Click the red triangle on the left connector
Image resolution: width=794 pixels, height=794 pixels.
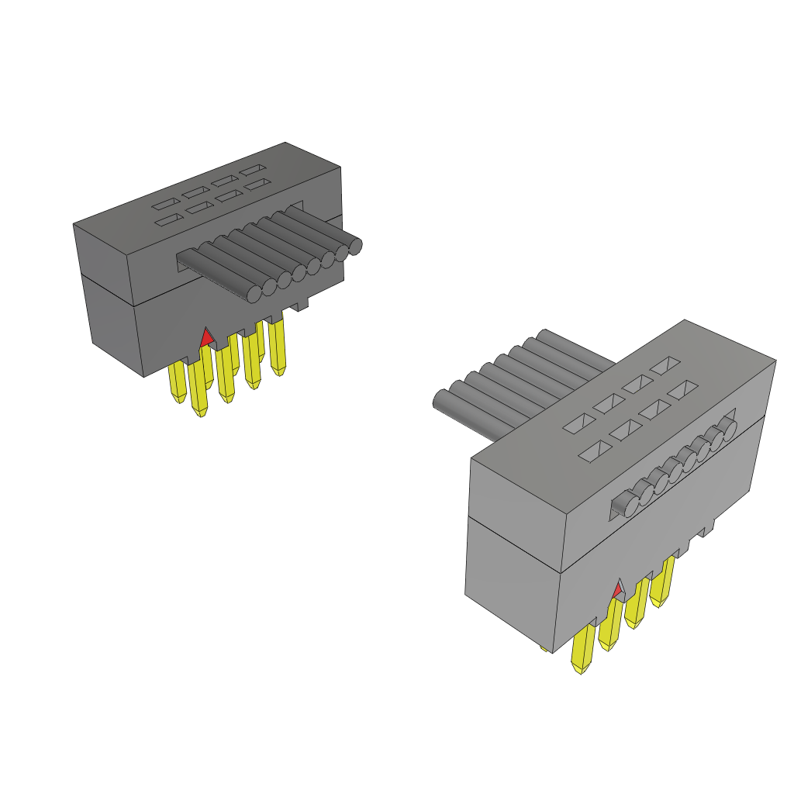pos(206,338)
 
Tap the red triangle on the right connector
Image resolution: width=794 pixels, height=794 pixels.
pos(618,591)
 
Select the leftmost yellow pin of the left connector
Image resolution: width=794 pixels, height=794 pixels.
pos(178,383)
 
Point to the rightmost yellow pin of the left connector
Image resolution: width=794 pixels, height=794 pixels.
pos(278,346)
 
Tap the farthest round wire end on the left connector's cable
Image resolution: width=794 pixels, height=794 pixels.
pos(356,247)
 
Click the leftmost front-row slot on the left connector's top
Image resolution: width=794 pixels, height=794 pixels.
pos(166,222)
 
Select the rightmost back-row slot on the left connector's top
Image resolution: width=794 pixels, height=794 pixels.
pos(251,170)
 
